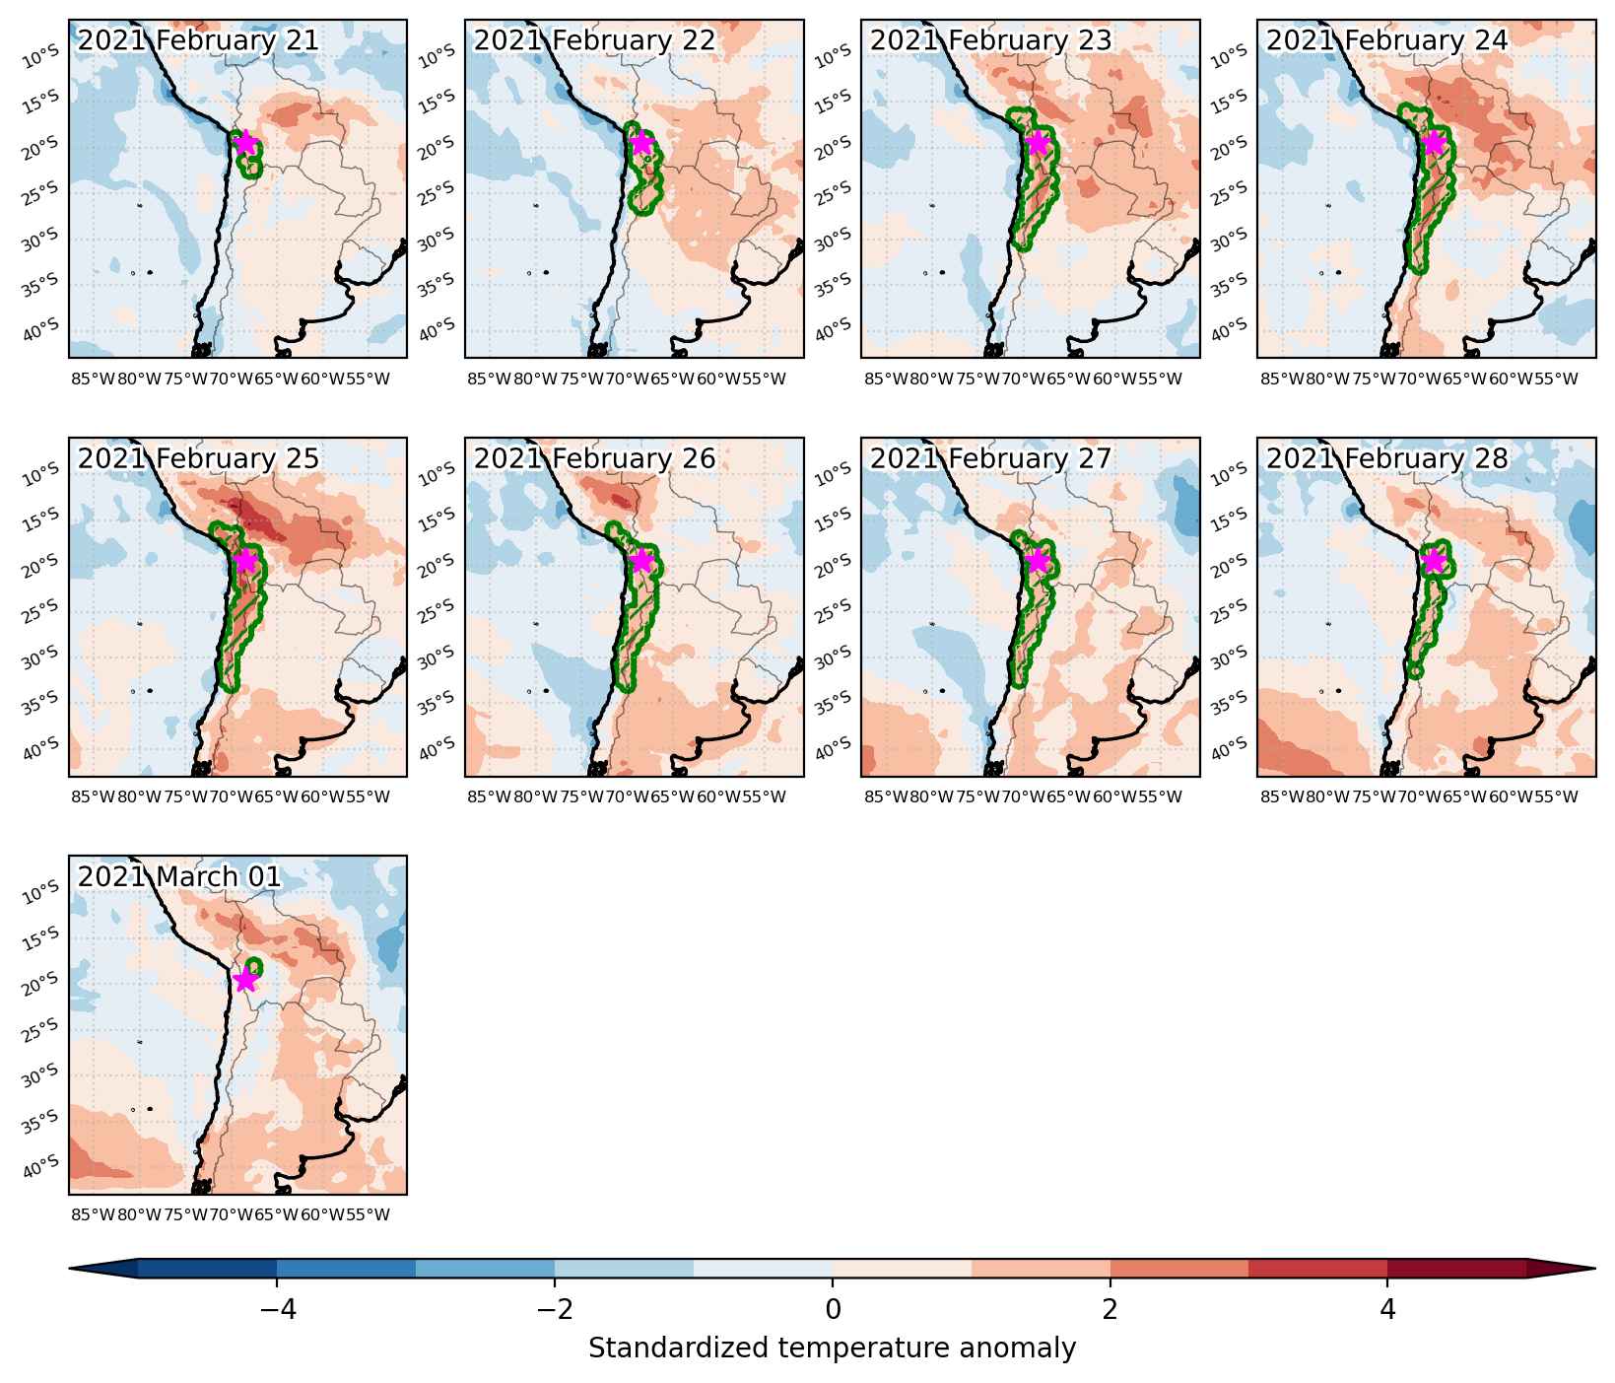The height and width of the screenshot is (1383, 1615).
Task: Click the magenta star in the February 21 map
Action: (245, 143)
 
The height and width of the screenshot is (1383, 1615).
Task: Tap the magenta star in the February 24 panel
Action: (1434, 143)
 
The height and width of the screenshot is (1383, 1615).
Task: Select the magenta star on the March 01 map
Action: (245, 980)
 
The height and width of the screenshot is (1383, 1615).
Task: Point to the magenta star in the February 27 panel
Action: (1037, 561)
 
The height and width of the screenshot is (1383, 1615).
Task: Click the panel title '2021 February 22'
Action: (595, 40)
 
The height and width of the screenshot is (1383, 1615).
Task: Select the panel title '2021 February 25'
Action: (198, 458)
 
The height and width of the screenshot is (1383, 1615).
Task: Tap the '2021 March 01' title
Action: (179, 876)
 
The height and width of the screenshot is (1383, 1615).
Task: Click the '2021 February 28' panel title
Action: (1387, 458)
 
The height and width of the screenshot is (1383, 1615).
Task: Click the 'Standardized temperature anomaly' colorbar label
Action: (833, 1348)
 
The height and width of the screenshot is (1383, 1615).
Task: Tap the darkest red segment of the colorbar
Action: (1457, 1269)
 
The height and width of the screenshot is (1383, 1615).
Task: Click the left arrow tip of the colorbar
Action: (70, 1269)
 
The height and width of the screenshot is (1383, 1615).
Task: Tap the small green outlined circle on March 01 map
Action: (254, 966)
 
